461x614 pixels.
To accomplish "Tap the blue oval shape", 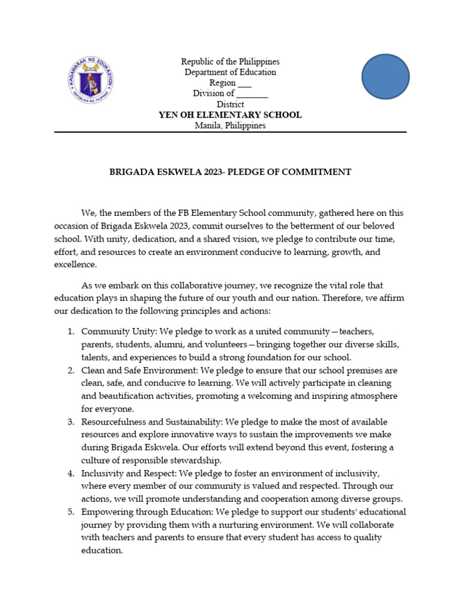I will click(385, 77).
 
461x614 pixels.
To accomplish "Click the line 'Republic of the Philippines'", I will click(230, 62).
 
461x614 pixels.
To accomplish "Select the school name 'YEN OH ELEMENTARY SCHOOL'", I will click(230, 115).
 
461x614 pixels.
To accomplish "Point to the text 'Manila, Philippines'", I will click(230, 125).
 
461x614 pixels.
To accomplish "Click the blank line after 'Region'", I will click(244, 83).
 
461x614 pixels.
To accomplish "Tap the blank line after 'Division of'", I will click(252, 94).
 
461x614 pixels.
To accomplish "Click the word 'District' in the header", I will click(230, 104).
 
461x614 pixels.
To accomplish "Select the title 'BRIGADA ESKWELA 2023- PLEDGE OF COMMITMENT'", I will click(230, 172).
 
